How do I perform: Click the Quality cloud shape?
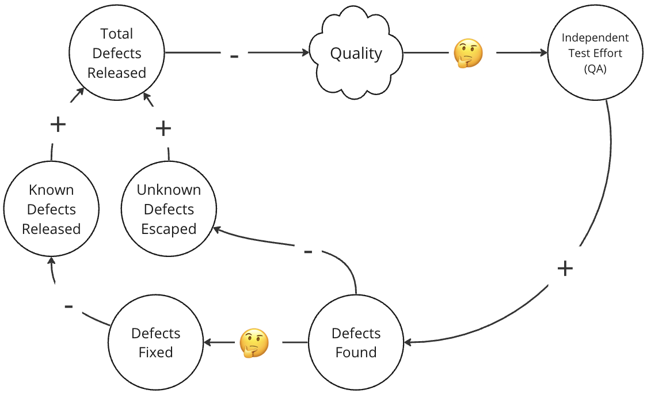pos(356,54)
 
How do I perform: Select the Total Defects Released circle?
pos(116,54)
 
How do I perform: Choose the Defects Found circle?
pos(356,343)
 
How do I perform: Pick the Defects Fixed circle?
pos(156,343)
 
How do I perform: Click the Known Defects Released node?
pos(51,209)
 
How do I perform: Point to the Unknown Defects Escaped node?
pos(169,209)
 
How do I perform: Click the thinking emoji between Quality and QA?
pos(467,54)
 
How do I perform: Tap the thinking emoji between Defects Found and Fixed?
pos(254,343)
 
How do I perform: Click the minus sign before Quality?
pos(234,56)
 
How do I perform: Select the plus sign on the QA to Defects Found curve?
pos(565,268)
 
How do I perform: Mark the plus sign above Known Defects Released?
pos(58,124)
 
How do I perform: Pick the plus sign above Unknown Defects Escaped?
pos(163,128)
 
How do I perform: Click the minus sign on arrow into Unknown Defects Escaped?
pos(308,252)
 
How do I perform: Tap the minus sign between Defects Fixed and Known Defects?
pos(68,306)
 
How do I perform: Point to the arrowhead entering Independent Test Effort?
pos(543,53)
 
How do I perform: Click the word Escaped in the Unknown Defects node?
pos(169,229)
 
